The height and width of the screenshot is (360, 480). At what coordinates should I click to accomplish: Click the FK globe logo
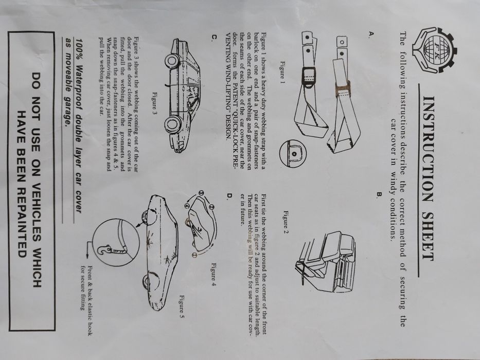pyautogui.click(x=435, y=50)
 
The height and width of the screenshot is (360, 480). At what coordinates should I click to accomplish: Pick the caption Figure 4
pyautogui.click(x=214, y=274)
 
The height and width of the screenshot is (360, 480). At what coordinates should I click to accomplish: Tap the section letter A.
pyautogui.click(x=371, y=33)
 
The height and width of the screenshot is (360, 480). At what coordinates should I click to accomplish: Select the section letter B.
pyautogui.click(x=380, y=194)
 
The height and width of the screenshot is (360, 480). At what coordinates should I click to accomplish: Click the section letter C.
pyautogui.click(x=215, y=37)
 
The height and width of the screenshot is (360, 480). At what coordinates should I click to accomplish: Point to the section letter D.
pyautogui.click(x=229, y=196)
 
